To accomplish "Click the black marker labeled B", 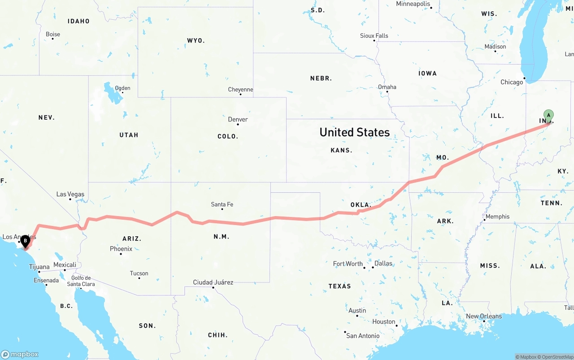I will [26, 240].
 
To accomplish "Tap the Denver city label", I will [238, 119].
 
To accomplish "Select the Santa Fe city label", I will [222, 204].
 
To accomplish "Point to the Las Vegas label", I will [70, 194].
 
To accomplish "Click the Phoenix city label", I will [121, 249].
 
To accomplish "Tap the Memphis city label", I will [497, 217].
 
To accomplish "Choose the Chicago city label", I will [512, 82].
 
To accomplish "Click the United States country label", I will [354, 132].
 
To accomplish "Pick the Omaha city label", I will [387, 87].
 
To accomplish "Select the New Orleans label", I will [484, 316].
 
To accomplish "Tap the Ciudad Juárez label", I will [213, 282].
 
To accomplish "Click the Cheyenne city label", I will [240, 90].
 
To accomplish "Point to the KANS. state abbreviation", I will [341, 150].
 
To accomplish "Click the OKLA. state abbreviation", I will [361, 205].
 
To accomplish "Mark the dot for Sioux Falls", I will [374, 41].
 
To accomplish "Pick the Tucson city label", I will [139, 273].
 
